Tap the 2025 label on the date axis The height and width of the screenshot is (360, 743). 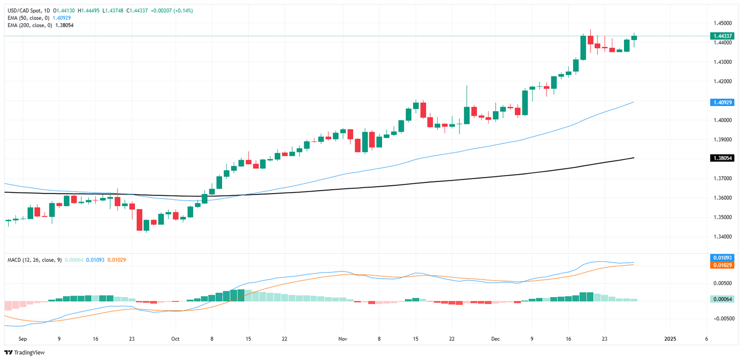click(x=670, y=339)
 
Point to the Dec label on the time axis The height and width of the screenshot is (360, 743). click(x=495, y=339)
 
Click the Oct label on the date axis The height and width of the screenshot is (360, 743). click(x=175, y=339)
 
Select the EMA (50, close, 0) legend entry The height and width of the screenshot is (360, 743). click(x=29, y=18)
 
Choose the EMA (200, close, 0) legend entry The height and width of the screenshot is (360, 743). click(x=30, y=25)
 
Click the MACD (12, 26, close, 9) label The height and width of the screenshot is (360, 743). click(x=34, y=260)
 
